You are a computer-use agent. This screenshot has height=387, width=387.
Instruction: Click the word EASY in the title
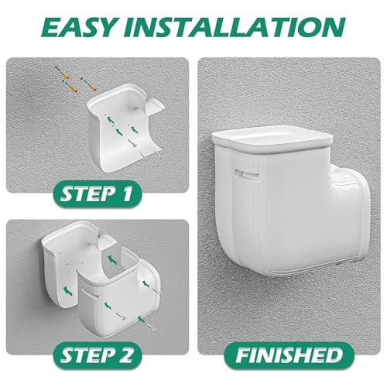click(79, 27)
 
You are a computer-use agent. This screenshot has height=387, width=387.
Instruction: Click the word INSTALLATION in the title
click(235, 27)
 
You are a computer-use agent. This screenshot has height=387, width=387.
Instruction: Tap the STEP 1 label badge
click(98, 193)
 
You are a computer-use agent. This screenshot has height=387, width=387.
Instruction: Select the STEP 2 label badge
click(98, 355)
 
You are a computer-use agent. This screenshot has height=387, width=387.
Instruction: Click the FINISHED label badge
click(289, 355)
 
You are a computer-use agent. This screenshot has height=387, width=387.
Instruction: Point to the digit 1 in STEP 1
click(128, 193)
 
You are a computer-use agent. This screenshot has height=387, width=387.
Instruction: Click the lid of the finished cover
click(272, 140)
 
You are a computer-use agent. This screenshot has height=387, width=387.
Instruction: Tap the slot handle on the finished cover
click(247, 174)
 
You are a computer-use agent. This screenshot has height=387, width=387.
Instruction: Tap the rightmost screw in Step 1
click(158, 154)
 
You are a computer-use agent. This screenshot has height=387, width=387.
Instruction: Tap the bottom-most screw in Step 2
click(151, 326)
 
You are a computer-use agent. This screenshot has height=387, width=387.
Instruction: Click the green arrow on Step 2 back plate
click(67, 291)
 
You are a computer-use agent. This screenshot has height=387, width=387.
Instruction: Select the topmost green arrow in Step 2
click(111, 259)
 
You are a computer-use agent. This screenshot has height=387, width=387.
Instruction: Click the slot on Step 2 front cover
click(90, 294)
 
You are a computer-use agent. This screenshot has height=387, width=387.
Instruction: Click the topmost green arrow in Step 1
click(110, 119)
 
